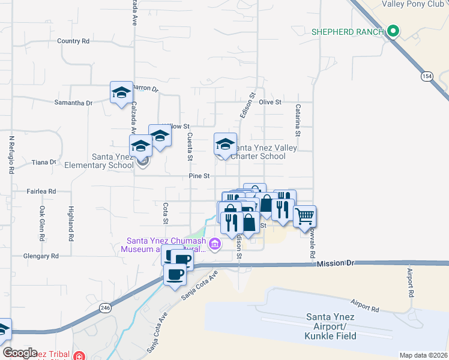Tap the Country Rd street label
tap(73, 41)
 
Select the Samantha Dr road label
tap(73, 103)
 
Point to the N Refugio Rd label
tap(11, 154)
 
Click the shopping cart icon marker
tap(304, 216)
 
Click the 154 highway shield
tap(426, 76)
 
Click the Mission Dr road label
tap(337, 263)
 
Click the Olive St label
tap(270, 103)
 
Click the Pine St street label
tap(199, 176)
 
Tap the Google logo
tap(20, 353)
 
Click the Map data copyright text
tap(423, 355)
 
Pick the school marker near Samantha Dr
tap(121, 92)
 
